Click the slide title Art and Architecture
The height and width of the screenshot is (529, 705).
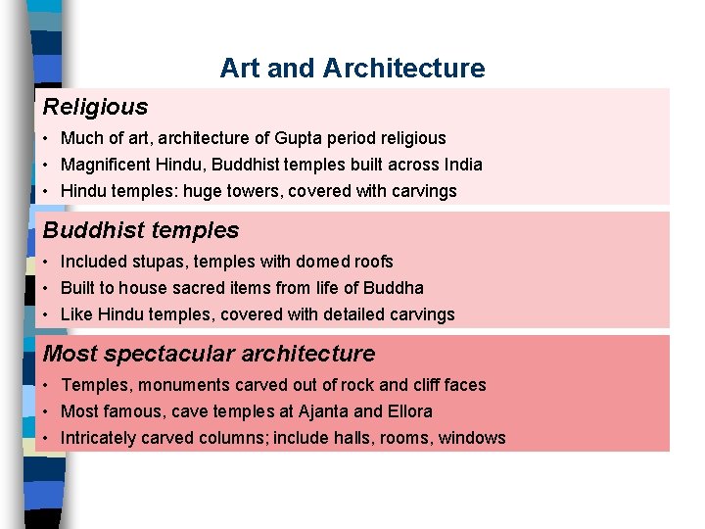tap(352, 69)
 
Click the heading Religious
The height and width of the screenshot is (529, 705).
tap(95, 107)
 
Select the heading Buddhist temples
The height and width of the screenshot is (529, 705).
tap(141, 230)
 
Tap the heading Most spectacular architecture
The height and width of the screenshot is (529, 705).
tap(209, 354)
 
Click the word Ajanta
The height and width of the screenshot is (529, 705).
tap(324, 411)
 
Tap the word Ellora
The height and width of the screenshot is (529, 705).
tap(409, 411)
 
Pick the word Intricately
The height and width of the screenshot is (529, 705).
tap(101, 438)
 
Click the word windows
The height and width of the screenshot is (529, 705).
tap(473, 438)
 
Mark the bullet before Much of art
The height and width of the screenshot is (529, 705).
tap(47, 139)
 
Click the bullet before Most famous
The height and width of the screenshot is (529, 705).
tap(47, 412)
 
